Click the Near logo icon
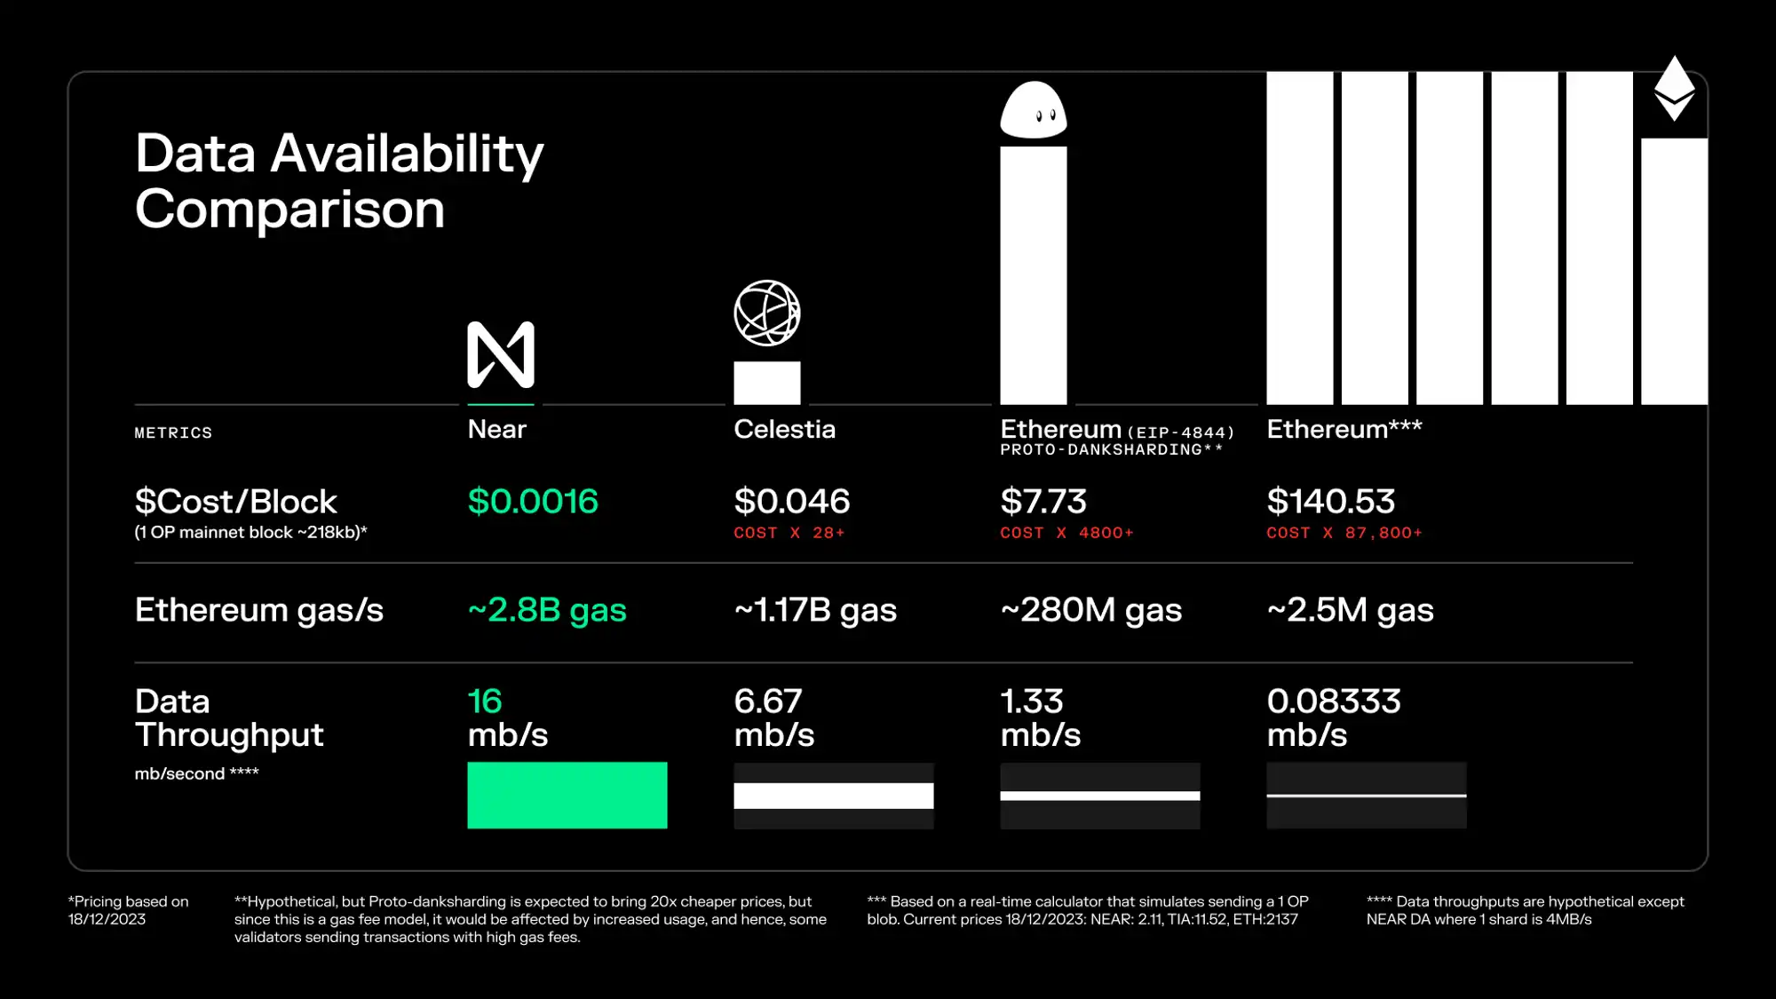501,354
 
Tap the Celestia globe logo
767,313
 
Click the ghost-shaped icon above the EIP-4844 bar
1034,110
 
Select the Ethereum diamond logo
1674,88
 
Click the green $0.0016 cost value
533,502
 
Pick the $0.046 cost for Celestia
791,502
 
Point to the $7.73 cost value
1043,502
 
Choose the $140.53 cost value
1330,502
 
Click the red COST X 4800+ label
1066,533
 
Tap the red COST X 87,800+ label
1344,533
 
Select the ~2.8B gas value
547,610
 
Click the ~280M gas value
1091,610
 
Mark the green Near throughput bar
567,796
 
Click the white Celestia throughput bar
834,796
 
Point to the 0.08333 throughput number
1334,702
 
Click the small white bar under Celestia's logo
767,383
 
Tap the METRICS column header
173,433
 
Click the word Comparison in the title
289,210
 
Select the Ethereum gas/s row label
259,610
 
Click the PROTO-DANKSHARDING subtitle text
1111,450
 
